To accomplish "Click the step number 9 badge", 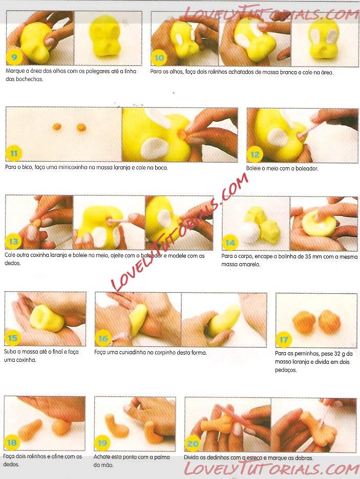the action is point(14,57).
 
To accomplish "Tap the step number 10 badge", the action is point(159,58).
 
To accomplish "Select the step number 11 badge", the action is point(14,154).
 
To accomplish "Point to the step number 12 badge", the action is point(255,155).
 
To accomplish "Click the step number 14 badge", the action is point(230,243).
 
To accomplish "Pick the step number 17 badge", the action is point(284,339).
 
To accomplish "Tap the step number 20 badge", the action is point(193,444).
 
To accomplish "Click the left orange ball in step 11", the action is point(57,126).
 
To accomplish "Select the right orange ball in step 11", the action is point(81,127).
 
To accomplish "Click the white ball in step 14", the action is point(250,232).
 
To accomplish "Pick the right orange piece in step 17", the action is point(329,321).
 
